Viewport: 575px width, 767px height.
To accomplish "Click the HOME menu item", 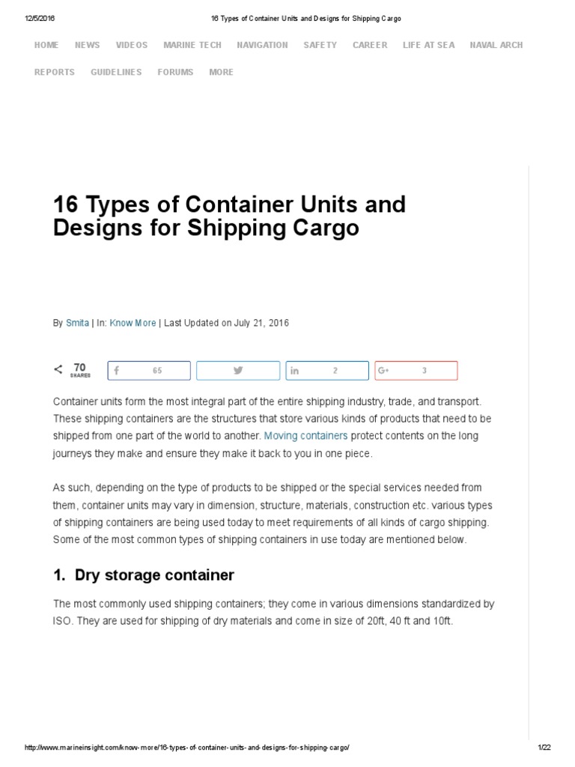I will click(46, 45).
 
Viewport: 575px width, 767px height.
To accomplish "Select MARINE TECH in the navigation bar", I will click(192, 45).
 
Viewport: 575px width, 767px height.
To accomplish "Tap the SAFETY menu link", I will click(320, 45).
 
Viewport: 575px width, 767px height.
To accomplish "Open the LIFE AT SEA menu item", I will click(428, 45).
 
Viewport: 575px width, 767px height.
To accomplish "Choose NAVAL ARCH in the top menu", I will click(496, 45).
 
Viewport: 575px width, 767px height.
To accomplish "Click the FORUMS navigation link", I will click(175, 72).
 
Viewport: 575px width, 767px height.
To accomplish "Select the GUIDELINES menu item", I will click(116, 72).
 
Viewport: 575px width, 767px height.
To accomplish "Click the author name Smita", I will click(76, 323).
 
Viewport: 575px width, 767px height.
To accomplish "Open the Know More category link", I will click(133, 323).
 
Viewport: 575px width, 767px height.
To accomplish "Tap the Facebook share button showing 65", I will click(148, 371).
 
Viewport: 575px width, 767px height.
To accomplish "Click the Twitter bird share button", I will click(238, 371).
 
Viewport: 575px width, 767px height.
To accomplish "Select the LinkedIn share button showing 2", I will click(327, 371).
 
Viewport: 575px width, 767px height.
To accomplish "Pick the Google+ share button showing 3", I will click(416, 371).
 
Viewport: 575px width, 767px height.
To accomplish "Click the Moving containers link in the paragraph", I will click(305, 435).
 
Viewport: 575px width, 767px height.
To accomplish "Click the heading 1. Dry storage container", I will click(144, 575).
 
